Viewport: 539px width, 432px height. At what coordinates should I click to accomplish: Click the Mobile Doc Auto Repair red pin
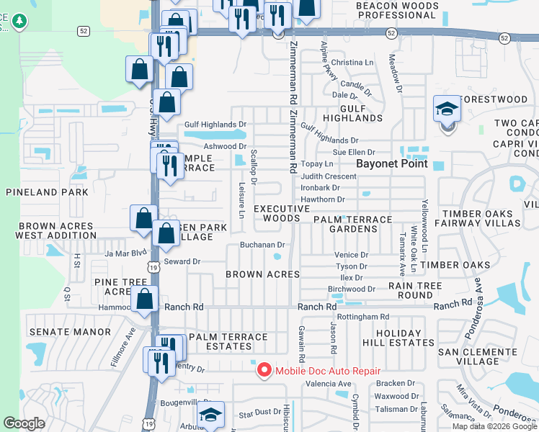click(264, 370)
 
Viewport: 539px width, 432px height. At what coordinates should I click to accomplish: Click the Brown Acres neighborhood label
click(262, 274)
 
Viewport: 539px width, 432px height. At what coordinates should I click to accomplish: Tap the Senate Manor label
click(70, 332)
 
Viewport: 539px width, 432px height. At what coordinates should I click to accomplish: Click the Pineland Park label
click(47, 192)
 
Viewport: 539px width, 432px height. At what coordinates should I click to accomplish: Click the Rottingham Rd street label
click(363, 316)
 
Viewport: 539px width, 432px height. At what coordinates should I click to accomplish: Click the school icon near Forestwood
click(447, 110)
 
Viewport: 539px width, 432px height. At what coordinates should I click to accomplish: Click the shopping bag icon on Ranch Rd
click(145, 300)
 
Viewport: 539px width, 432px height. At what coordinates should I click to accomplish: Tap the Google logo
click(24, 423)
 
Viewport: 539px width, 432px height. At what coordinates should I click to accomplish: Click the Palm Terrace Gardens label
click(352, 224)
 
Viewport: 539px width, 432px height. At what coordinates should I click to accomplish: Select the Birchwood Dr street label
click(352, 289)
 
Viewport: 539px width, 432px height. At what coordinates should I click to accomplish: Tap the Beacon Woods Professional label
click(396, 10)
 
